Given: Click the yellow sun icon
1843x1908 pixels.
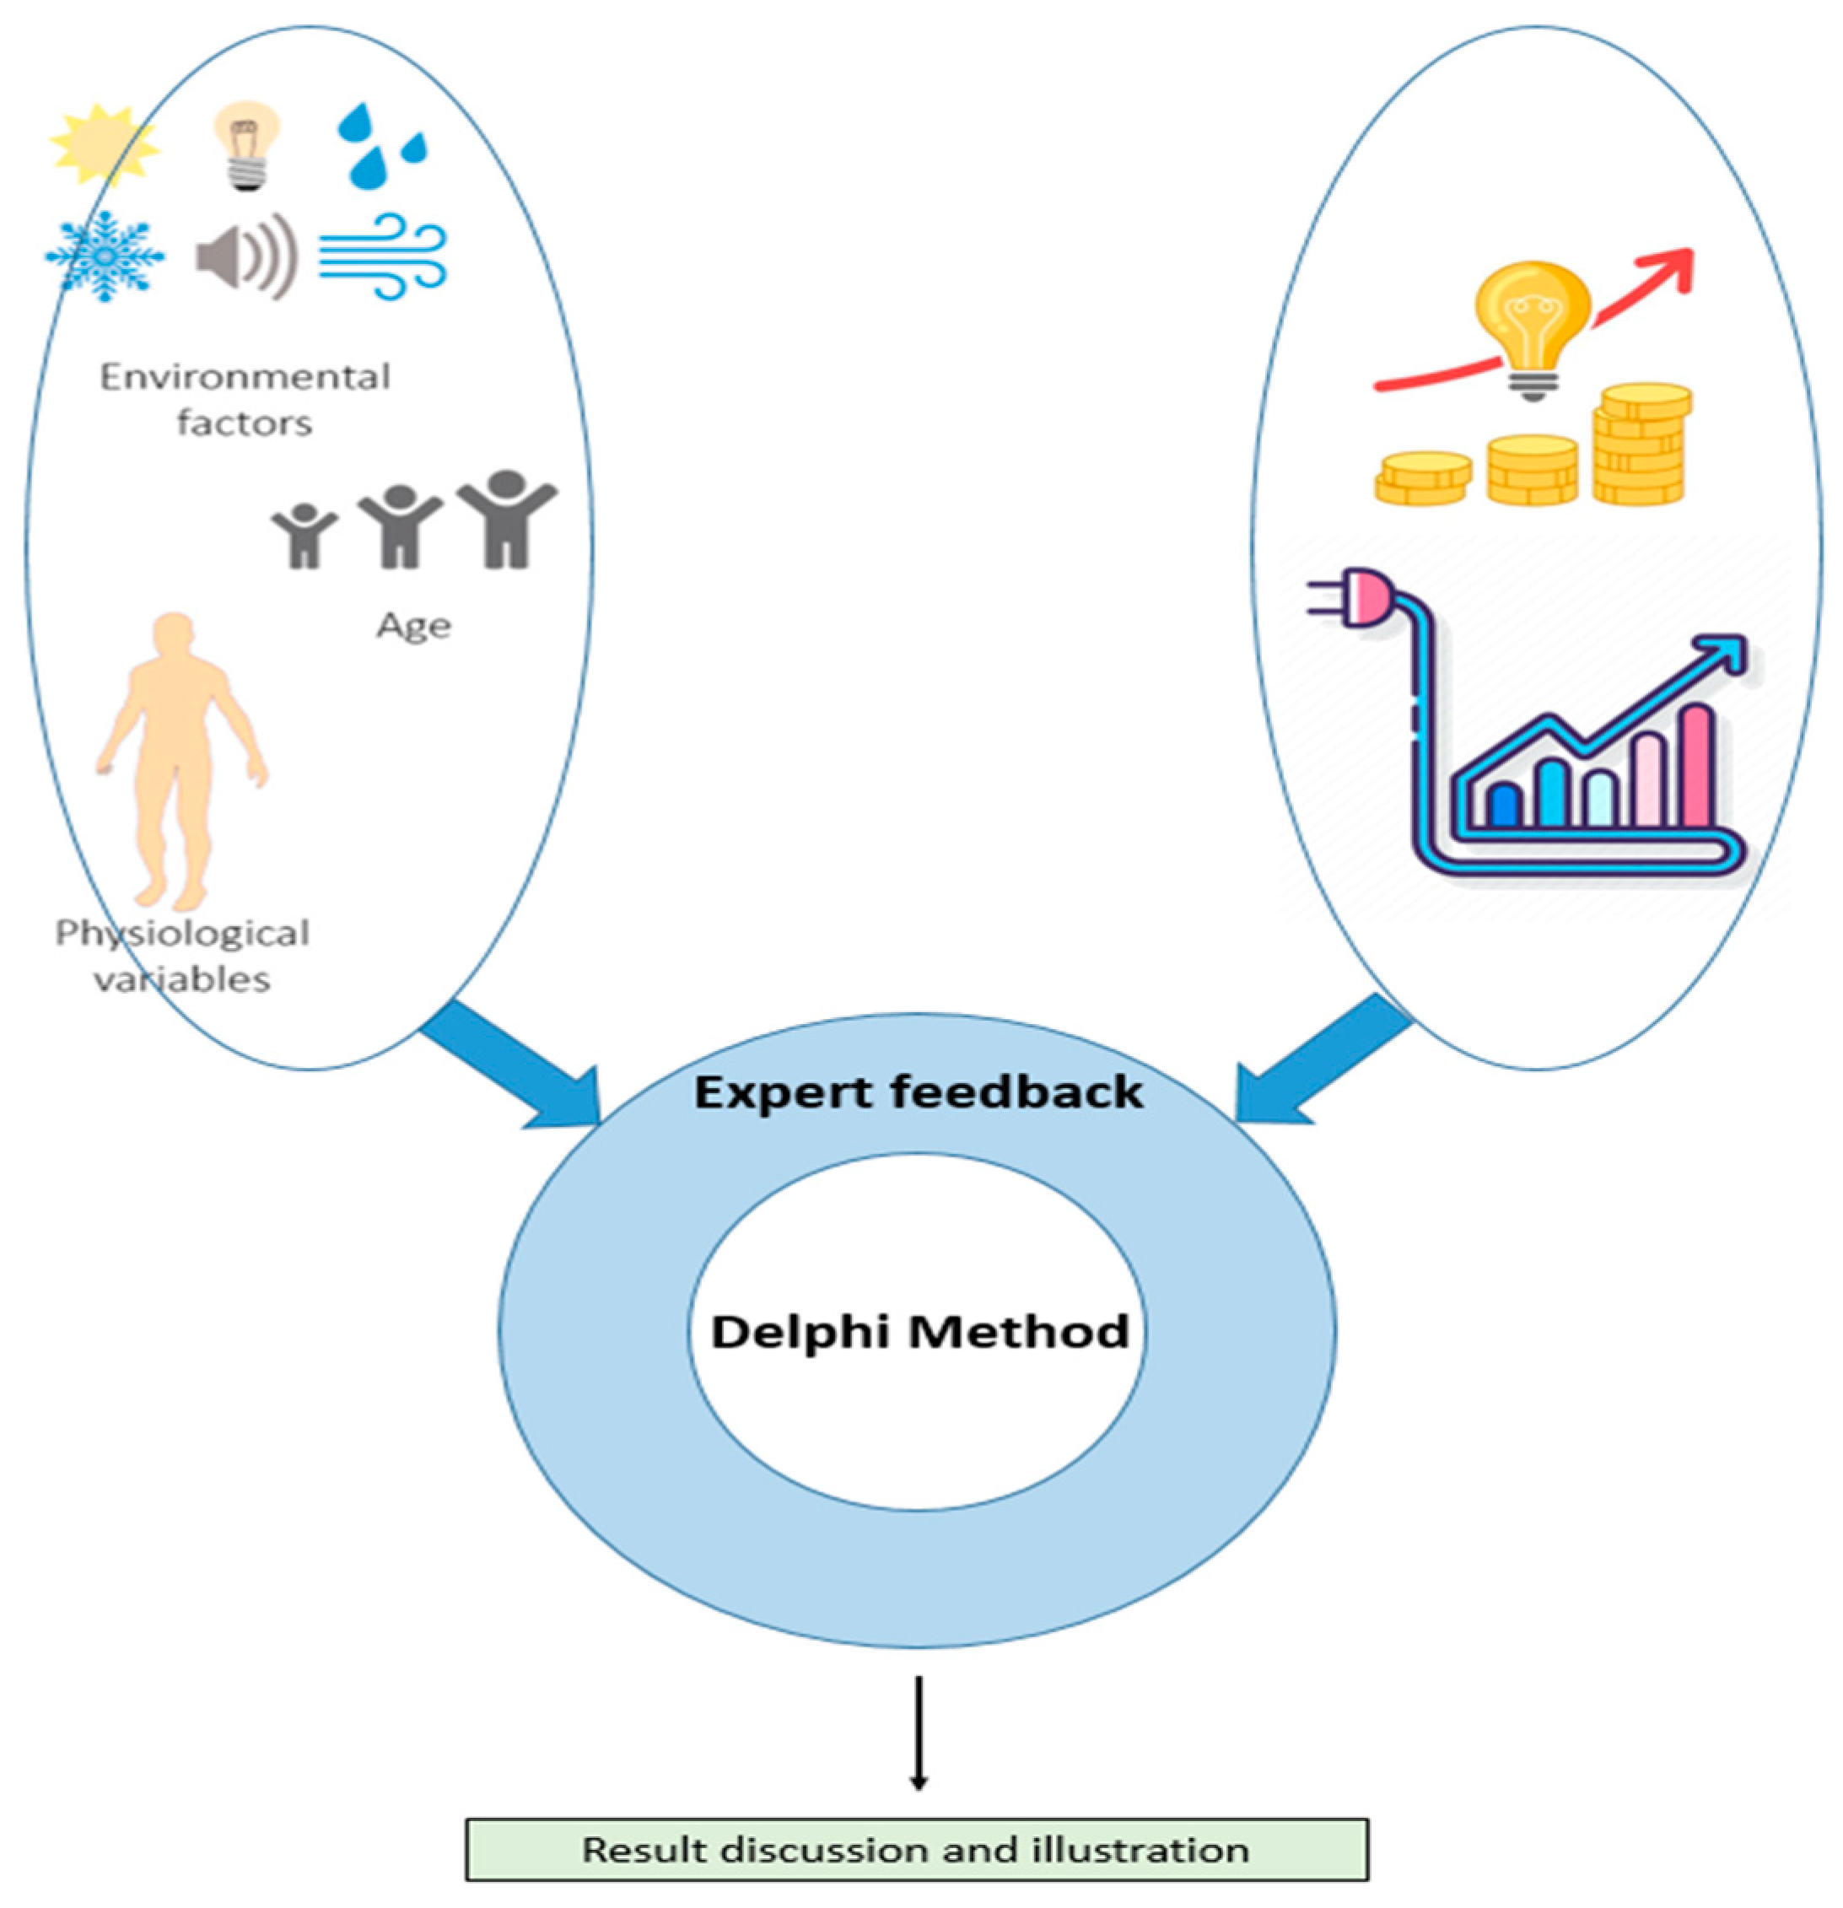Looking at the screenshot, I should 105,145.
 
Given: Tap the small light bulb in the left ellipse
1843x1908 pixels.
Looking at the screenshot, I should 246,145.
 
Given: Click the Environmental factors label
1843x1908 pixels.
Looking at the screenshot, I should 245,399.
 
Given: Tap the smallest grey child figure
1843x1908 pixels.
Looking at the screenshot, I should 304,536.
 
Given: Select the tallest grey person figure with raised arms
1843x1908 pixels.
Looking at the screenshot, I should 506,520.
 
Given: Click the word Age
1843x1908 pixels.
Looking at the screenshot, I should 414,625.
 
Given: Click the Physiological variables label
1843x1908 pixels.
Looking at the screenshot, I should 182,955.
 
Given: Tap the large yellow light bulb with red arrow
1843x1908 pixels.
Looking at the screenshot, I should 1533,326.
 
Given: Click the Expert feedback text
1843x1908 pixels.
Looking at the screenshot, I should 918,1092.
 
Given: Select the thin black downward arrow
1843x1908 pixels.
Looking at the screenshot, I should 918,1732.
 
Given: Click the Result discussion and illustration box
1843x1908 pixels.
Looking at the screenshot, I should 916,1849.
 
